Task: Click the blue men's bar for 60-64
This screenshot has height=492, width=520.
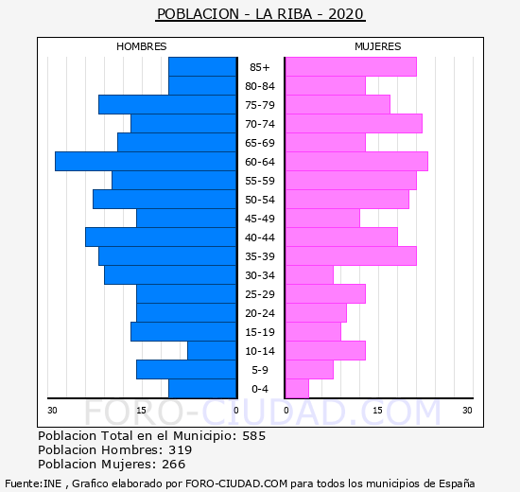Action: tap(146, 162)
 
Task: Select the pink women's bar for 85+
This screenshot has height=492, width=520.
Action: tap(351, 67)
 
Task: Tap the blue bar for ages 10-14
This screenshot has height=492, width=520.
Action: tap(212, 351)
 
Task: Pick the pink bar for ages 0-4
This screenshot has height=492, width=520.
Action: tap(297, 389)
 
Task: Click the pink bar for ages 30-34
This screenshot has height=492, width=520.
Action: tap(309, 275)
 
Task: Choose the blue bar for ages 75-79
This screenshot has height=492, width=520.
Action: tap(167, 105)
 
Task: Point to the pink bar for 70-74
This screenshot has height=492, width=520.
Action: tap(355, 124)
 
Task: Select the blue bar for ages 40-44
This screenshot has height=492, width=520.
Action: tap(161, 237)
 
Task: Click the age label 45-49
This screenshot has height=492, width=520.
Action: tap(260, 219)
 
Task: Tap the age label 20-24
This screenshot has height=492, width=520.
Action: tap(260, 313)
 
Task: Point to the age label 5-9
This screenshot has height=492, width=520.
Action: tap(260, 370)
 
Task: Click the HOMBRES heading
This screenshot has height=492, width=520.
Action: tap(142, 46)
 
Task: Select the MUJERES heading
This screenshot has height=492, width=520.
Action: tap(378, 46)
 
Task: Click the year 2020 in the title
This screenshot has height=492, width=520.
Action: tap(346, 14)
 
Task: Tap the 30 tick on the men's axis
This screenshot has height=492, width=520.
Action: tap(52, 411)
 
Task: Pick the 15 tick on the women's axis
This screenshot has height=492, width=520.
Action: tap(377, 411)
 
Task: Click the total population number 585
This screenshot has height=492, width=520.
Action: tap(254, 436)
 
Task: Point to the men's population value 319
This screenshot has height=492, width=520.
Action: tap(180, 450)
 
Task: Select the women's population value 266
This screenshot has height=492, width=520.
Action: tap(173, 465)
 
